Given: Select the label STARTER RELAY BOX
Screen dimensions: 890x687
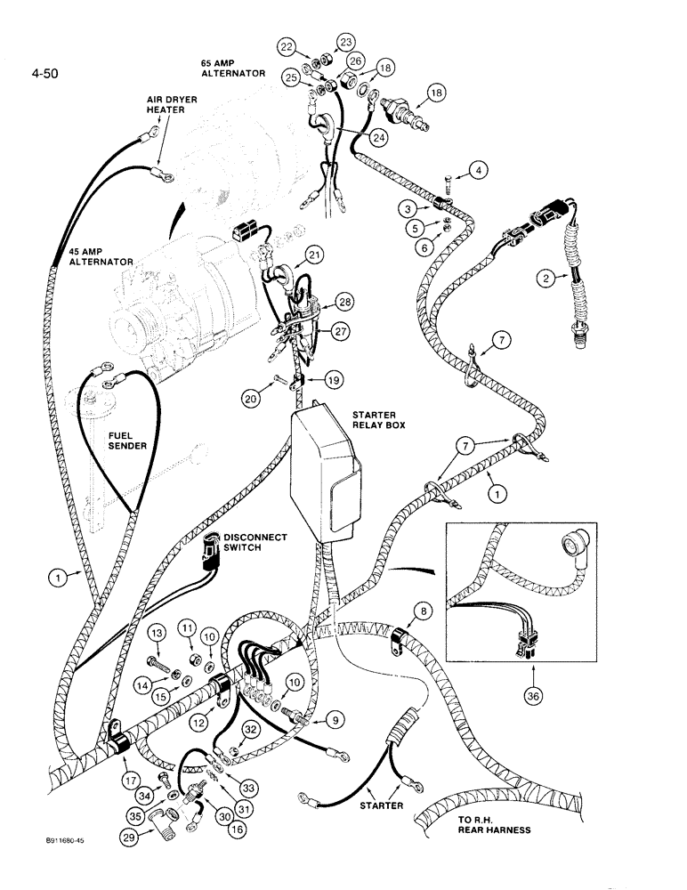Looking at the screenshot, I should [377, 419].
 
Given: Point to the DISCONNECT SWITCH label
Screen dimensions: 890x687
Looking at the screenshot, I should [255, 543].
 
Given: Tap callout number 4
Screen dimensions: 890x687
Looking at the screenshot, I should [480, 171].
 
